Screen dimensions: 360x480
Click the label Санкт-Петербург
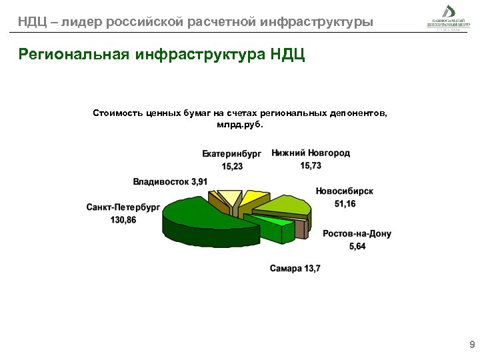tap(123, 207)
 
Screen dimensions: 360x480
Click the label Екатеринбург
tap(232, 154)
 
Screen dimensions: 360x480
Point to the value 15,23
tap(233, 167)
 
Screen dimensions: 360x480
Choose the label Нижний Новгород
tap(311, 153)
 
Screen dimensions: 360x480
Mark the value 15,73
tap(311, 166)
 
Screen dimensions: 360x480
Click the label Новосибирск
tap(345, 191)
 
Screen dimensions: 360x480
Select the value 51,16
tap(345, 203)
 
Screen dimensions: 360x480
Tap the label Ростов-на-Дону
tap(357, 234)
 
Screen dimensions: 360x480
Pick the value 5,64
tap(357, 247)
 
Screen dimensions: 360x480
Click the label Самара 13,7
tap(295, 269)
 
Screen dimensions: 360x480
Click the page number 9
tap(472, 345)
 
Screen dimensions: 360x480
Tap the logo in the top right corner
tap(443, 16)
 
